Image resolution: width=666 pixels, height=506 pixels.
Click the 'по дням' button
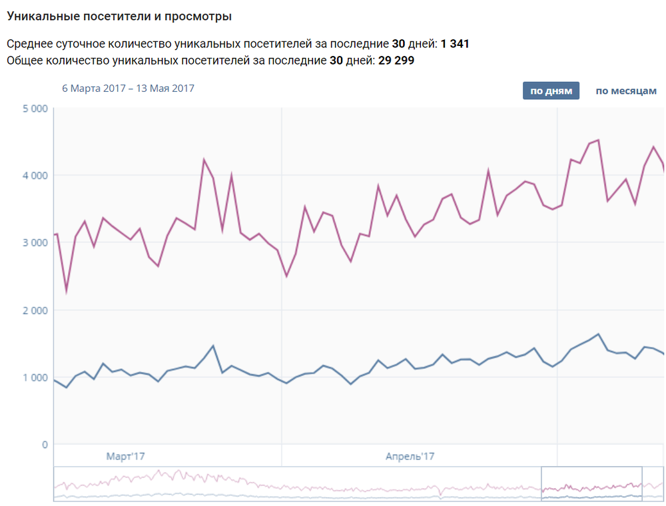tap(551, 91)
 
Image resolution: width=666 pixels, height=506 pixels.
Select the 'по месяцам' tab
tap(625, 91)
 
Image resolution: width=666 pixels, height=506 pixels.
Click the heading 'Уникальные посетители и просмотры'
tap(119, 15)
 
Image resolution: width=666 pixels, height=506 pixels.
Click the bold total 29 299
tap(398, 61)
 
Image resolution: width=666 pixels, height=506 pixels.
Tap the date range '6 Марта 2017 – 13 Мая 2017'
tap(128, 88)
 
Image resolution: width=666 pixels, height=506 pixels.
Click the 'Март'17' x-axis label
tap(126, 457)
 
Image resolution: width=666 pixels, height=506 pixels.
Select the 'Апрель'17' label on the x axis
tap(410, 457)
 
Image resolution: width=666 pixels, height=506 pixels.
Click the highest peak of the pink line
tap(598, 140)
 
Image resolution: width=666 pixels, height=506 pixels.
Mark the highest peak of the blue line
tap(598, 334)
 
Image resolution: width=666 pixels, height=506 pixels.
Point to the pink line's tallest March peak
tap(204, 159)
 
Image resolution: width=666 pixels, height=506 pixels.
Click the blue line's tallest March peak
tap(212, 346)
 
